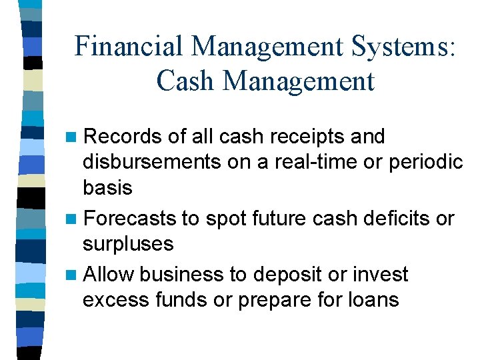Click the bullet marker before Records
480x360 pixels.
(71, 137)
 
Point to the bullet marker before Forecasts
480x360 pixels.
(71, 219)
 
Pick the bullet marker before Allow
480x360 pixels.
(71, 275)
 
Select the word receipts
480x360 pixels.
(304, 137)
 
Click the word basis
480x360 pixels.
(107, 188)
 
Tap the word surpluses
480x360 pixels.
(128, 244)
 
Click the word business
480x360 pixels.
(181, 275)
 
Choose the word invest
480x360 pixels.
(381, 275)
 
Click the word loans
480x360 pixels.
(375, 300)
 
